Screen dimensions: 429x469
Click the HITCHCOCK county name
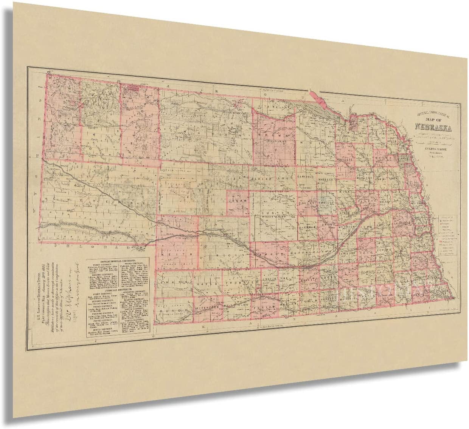pos(206,309)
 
